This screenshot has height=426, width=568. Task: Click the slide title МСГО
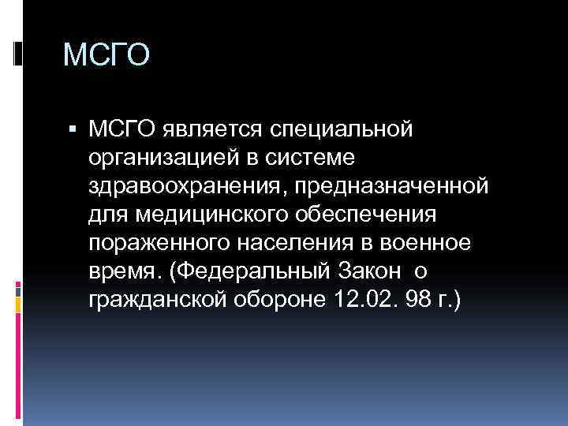[x=106, y=56]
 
